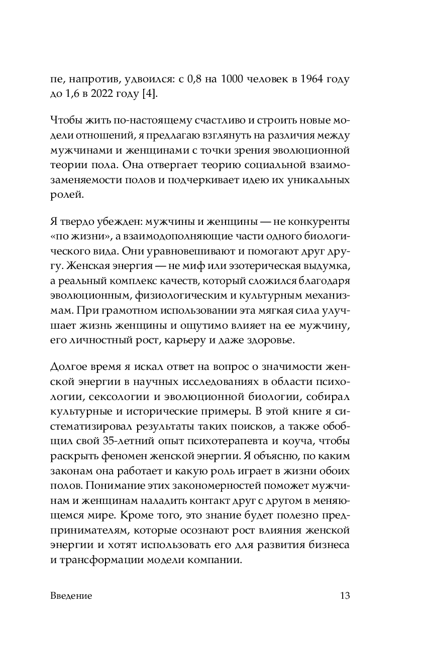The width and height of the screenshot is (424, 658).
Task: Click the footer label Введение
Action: (x=71, y=596)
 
